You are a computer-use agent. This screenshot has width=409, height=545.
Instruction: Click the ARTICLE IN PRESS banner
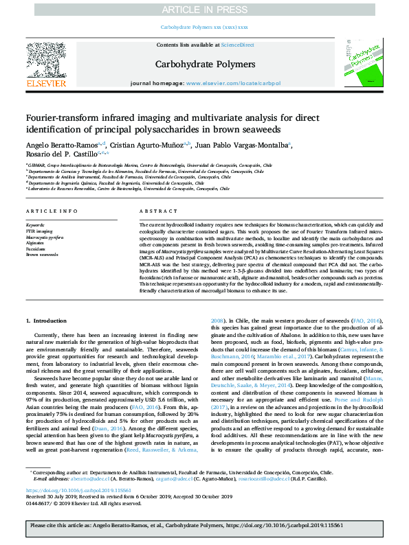tap(204, 9)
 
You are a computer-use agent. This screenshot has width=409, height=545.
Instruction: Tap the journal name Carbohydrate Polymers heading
tap(206, 65)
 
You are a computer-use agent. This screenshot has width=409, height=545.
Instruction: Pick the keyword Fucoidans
tap(36, 248)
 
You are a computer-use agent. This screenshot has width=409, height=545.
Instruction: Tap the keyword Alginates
tap(36, 243)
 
